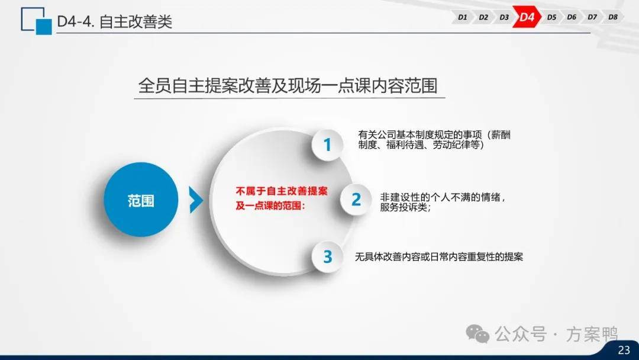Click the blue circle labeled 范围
click(x=141, y=200)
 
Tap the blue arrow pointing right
click(x=196, y=200)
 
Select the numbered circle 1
click(x=327, y=144)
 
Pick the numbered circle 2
click(x=356, y=200)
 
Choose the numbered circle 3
click(x=328, y=256)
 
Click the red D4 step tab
click(x=527, y=17)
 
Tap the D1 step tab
click(x=462, y=17)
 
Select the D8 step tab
click(x=613, y=17)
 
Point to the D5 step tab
click(x=551, y=17)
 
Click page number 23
click(x=624, y=350)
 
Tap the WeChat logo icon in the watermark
click(x=477, y=334)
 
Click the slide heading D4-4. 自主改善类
click(x=115, y=21)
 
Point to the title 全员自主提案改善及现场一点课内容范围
click(x=288, y=86)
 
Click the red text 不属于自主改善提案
click(x=282, y=191)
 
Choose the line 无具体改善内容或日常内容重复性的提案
click(x=439, y=257)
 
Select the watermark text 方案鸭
click(x=592, y=335)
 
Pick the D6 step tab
click(x=572, y=17)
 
